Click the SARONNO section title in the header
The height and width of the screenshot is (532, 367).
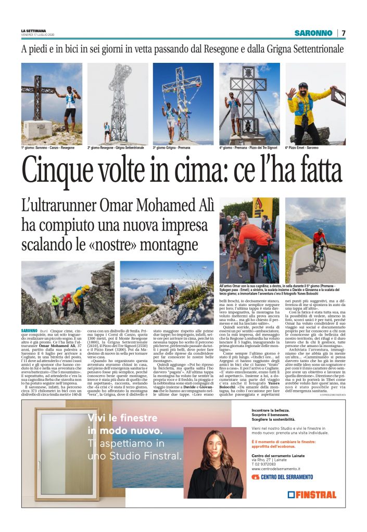pyautogui.click(x=313, y=33)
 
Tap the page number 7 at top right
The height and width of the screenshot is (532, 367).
pyautogui.click(x=344, y=33)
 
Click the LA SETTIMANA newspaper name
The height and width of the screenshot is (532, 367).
pyautogui.click(x=33, y=31)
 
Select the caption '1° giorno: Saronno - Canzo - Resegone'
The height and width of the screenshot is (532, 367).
pyautogui.click(x=48, y=148)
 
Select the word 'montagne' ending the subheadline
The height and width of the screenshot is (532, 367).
pyautogui.click(x=171, y=244)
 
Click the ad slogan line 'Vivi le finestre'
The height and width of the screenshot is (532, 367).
pyautogui.click(x=122, y=418)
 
